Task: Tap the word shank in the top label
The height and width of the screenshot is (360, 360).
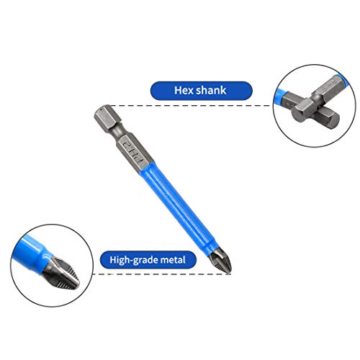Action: click(x=212, y=91)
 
